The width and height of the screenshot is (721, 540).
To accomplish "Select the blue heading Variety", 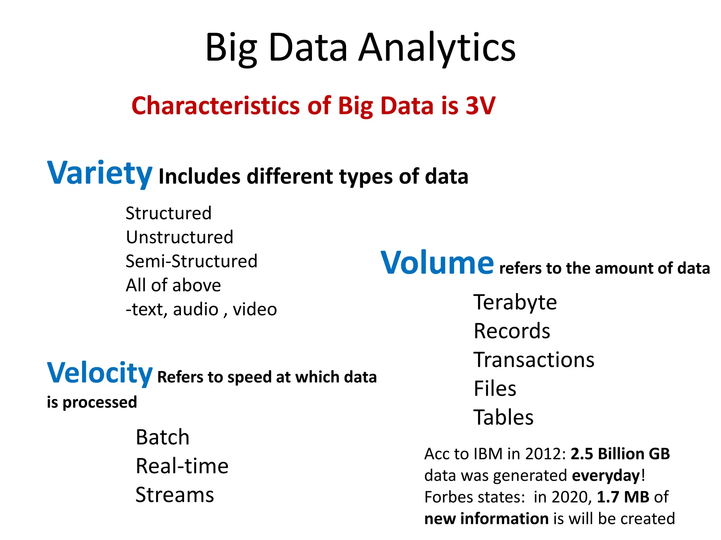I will click(100, 173).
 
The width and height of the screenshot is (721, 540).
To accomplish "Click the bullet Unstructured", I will click(180, 237).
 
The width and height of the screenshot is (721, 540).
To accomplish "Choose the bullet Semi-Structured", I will click(192, 261).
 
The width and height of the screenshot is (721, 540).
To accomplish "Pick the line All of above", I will click(173, 285).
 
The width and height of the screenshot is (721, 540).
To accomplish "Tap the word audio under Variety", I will click(195, 309).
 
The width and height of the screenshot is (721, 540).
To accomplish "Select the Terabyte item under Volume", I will click(515, 302).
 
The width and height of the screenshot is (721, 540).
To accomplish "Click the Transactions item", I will click(534, 360).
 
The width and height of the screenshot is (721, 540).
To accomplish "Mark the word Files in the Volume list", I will click(495, 388).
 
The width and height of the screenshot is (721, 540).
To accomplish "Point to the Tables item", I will click(503, 417).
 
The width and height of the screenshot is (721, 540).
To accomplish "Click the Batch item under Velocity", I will click(163, 437).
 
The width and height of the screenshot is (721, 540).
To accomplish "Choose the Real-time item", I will click(182, 466).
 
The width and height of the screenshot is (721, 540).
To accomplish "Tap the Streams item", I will click(175, 495).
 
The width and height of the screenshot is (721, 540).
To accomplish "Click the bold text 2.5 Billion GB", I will click(620, 454).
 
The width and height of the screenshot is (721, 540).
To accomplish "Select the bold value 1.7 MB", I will click(623, 497).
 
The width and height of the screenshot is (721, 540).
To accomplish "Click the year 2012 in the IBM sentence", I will click(545, 454).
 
